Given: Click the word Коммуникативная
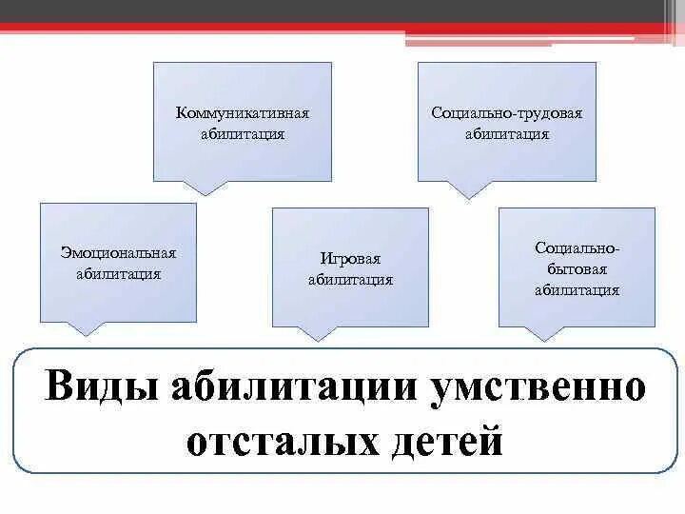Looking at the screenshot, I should (243, 113).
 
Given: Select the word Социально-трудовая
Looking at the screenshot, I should (506, 113).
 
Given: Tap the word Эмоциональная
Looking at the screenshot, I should (119, 253).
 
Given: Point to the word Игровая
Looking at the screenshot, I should (350, 259).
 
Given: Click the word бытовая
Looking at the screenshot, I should (577, 269).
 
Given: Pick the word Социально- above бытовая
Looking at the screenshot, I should (577, 248).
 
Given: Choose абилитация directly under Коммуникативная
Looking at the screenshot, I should (243, 134).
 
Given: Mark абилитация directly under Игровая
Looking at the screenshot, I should (350, 280).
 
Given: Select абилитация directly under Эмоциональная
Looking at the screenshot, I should (119, 274).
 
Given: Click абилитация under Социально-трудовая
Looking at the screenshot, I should (506, 134).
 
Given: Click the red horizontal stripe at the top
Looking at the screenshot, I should (285, 28).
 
